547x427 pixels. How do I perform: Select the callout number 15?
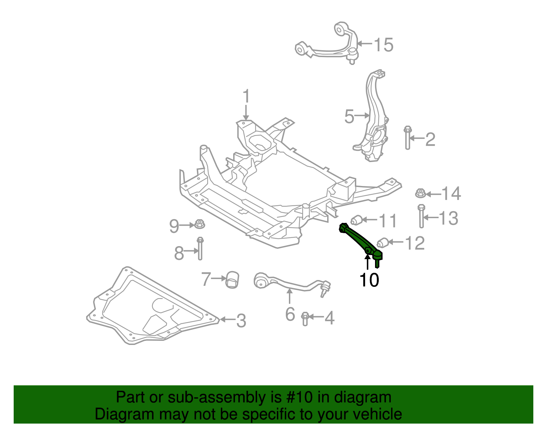click(383, 45)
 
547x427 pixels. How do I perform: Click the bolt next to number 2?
click(408, 138)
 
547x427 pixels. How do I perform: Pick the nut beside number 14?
click(420, 193)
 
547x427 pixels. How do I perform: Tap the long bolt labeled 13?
click(422, 216)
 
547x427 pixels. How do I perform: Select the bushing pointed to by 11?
click(356, 220)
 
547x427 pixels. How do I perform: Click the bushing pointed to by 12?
click(383, 243)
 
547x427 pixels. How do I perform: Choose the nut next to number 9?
click(200, 224)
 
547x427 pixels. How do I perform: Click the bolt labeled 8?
click(200, 248)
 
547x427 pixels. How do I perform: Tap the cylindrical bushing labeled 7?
click(232, 280)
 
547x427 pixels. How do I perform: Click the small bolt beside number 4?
click(305, 319)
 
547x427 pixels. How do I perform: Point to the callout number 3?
click(241, 321)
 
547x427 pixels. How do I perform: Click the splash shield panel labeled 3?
click(151, 306)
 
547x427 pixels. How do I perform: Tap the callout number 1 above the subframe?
click(246, 96)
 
